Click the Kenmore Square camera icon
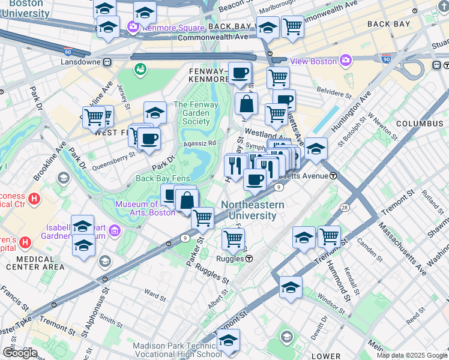(133, 26)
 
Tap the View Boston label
(314, 61)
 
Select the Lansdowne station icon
(107, 61)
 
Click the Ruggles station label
(230, 259)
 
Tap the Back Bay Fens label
(163, 178)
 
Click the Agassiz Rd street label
(200, 143)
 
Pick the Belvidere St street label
(335, 94)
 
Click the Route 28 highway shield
(345, 207)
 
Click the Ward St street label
(155, 295)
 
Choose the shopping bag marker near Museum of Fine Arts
(187, 200)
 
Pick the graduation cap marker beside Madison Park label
(228, 340)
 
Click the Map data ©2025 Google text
(411, 355)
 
